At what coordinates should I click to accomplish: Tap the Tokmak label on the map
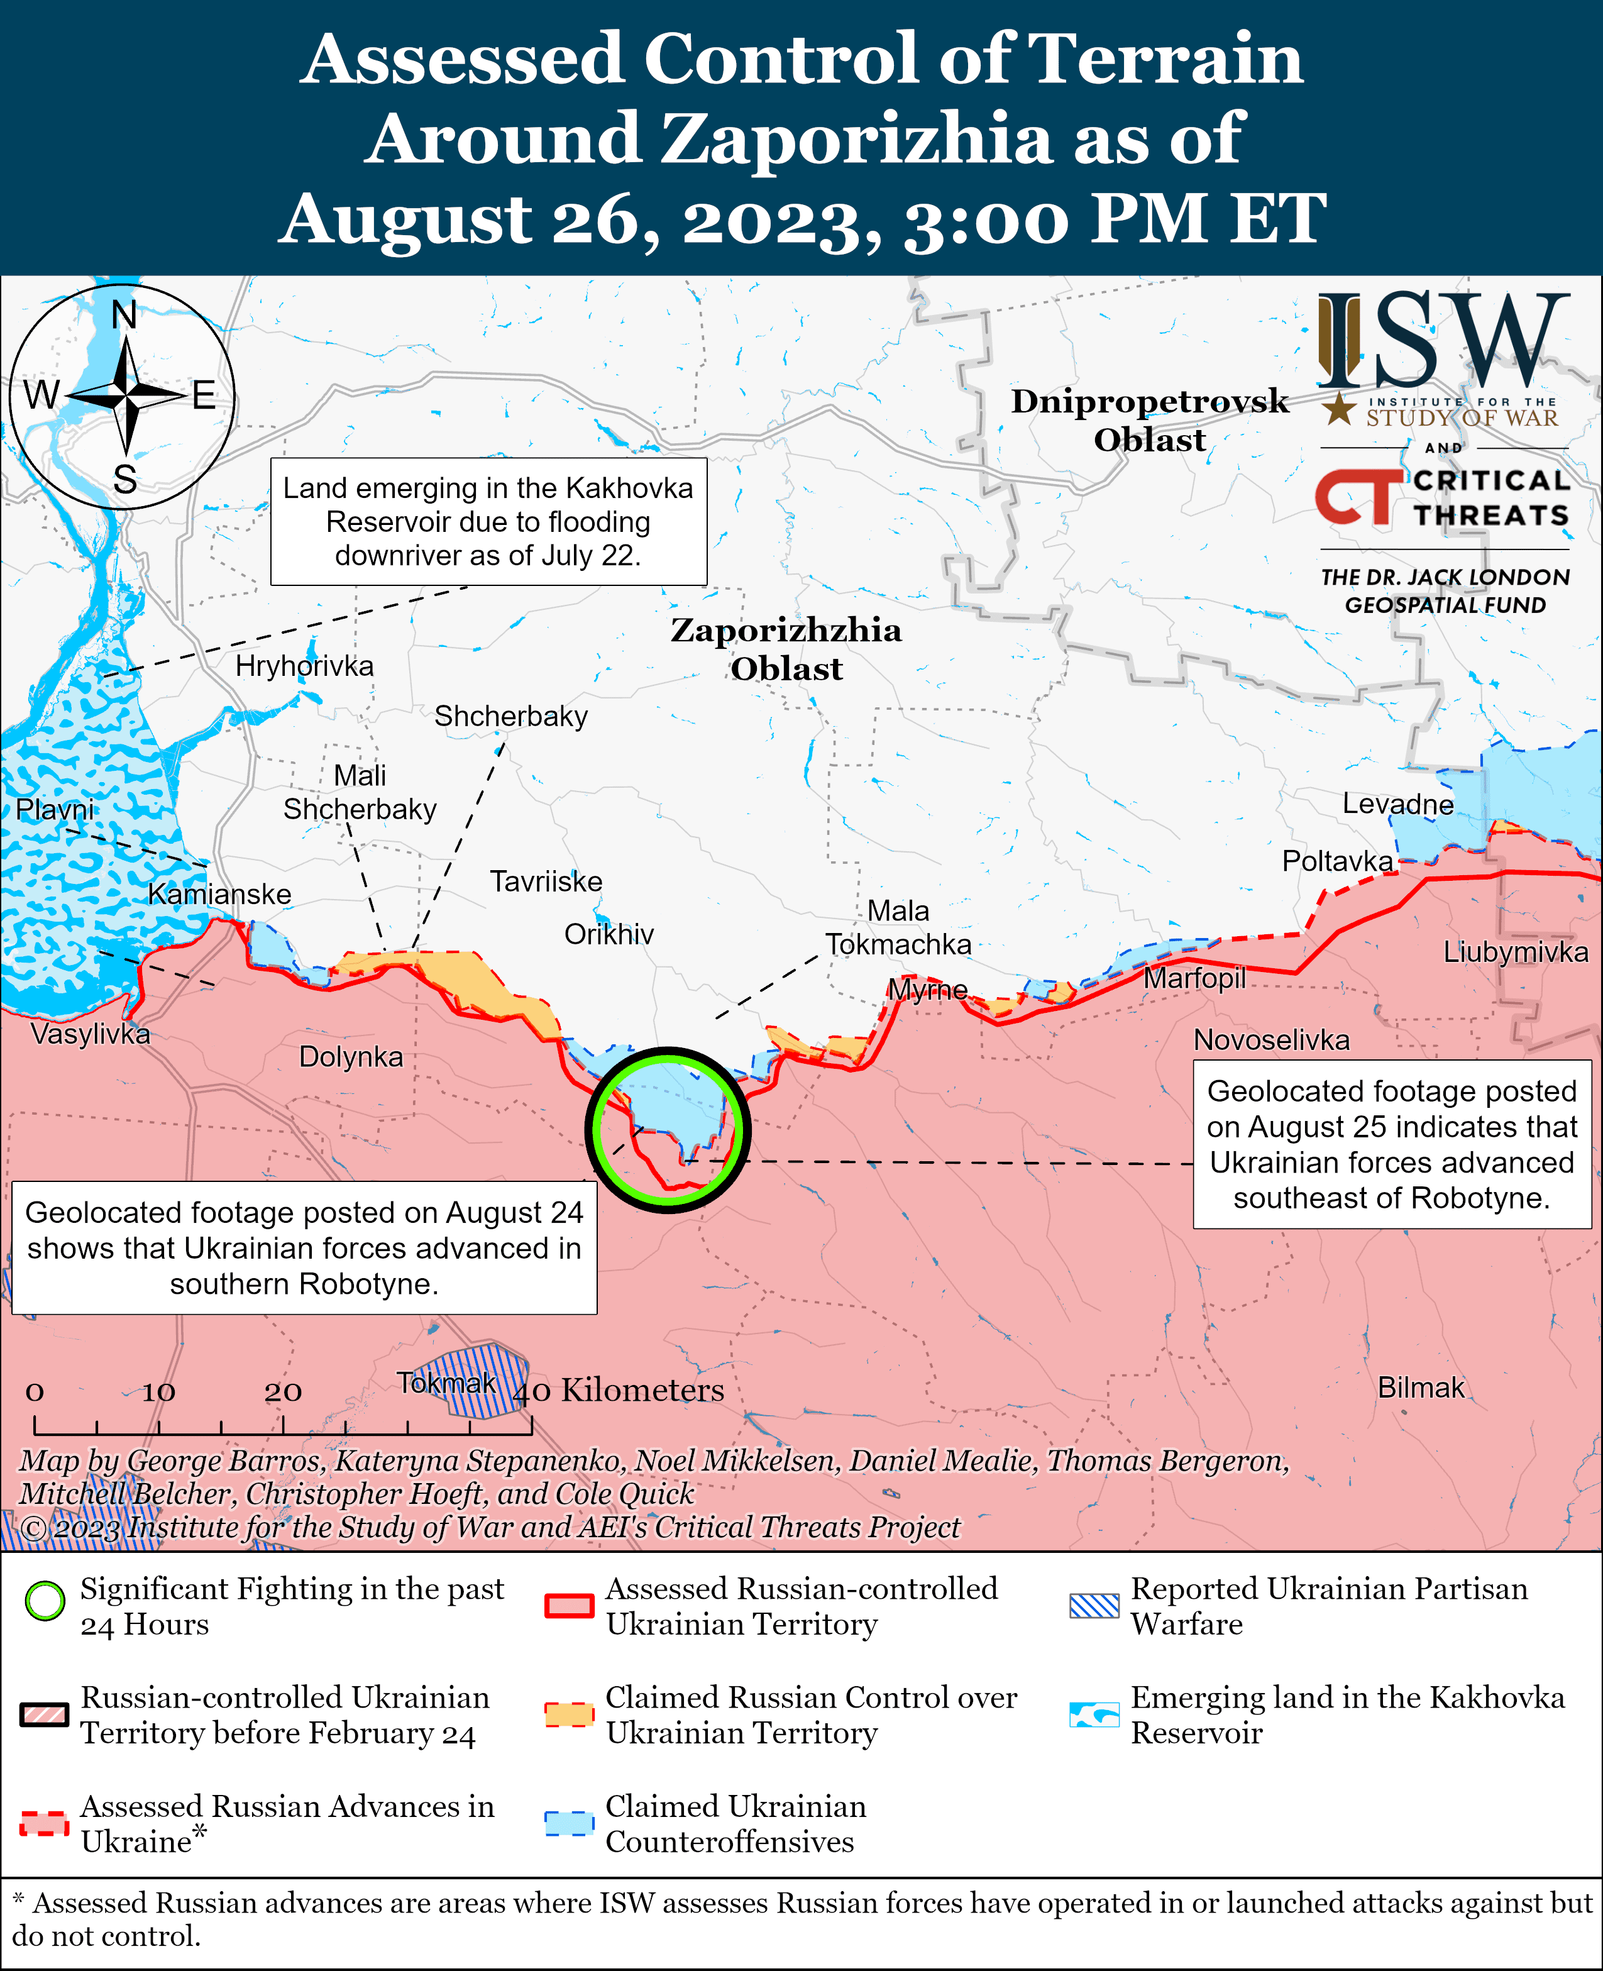click(447, 1383)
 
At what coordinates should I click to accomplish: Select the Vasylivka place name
click(89, 1034)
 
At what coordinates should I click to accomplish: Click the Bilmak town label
click(1420, 1388)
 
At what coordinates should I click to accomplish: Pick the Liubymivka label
click(1515, 952)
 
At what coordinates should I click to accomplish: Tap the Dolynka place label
click(351, 1057)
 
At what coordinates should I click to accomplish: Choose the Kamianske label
click(220, 894)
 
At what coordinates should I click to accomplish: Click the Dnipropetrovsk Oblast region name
click(1150, 420)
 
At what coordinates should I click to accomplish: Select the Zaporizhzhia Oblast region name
click(786, 649)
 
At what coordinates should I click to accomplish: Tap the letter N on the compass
click(124, 316)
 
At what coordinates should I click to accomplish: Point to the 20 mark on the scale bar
click(282, 1392)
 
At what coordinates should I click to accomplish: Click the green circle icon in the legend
click(45, 1601)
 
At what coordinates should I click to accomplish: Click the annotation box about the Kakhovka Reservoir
click(488, 522)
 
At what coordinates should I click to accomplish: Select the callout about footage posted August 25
click(1392, 1144)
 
